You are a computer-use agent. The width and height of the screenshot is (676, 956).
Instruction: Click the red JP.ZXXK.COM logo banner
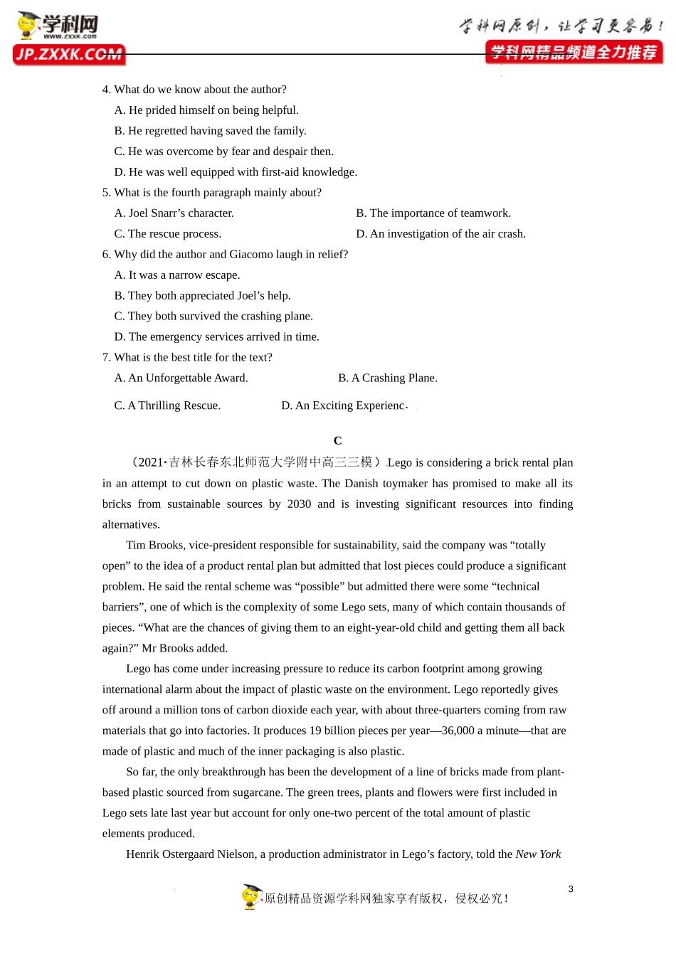click(69, 55)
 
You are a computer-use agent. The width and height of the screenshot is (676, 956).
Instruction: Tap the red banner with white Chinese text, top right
click(574, 53)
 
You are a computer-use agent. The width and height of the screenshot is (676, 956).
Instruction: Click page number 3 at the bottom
click(571, 889)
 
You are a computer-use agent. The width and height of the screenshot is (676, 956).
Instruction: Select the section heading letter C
click(337, 441)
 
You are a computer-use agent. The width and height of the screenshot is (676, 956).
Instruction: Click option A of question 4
click(206, 110)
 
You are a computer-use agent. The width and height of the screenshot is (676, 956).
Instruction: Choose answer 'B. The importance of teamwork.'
click(433, 213)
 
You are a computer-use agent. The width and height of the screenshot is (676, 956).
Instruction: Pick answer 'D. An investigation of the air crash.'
click(440, 234)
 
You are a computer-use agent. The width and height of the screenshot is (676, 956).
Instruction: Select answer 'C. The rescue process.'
click(168, 234)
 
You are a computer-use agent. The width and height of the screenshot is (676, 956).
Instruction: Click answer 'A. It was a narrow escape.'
click(177, 275)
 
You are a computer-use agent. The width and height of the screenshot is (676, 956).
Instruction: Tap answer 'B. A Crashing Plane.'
click(388, 378)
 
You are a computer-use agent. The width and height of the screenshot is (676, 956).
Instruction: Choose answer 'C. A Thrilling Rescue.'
click(167, 405)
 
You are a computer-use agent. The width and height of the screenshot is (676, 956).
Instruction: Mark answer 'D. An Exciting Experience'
click(344, 405)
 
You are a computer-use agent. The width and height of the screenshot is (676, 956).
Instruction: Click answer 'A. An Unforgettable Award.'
click(181, 378)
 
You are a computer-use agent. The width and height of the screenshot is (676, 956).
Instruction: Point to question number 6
click(106, 255)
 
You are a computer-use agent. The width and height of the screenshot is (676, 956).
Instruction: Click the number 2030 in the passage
click(299, 504)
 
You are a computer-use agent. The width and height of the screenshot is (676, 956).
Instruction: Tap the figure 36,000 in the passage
click(458, 731)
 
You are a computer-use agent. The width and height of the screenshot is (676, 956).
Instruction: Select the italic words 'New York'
click(538, 854)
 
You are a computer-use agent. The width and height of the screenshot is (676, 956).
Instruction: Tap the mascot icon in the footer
click(251, 897)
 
